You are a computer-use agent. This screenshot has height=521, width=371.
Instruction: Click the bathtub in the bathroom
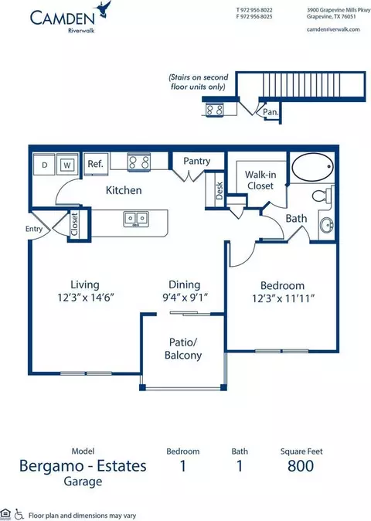pyautogui.click(x=312, y=167)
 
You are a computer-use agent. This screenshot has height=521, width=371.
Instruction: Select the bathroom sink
pyautogui.click(x=326, y=226)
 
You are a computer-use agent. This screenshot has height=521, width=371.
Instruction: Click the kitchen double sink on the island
pyautogui.click(x=136, y=220)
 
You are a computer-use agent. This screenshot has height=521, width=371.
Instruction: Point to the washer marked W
pyautogui.click(x=67, y=164)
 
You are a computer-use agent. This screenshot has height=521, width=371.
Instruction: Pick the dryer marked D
pyautogui.click(x=44, y=164)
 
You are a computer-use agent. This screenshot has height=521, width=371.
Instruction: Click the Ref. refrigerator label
pyautogui.click(x=95, y=164)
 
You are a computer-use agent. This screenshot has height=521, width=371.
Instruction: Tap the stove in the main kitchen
pyautogui.click(x=139, y=163)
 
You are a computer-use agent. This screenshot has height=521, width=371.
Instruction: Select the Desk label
pyautogui.click(x=220, y=191)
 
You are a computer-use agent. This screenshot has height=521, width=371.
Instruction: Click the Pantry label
pyautogui.click(x=197, y=161)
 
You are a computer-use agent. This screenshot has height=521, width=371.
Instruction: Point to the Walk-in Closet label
pyautogui.click(x=260, y=180)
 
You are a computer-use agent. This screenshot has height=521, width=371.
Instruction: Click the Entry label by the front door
pyautogui.click(x=34, y=229)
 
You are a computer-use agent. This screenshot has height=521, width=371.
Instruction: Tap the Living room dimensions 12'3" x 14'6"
pyautogui.click(x=86, y=297)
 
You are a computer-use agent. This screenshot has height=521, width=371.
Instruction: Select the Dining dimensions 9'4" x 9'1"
pyautogui.click(x=185, y=297)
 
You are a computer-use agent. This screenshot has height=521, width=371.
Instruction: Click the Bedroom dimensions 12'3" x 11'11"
pyautogui.click(x=283, y=298)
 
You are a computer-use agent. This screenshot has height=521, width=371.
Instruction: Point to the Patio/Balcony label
pyautogui.click(x=183, y=349)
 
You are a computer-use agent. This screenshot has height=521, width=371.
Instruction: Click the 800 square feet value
pyautogui.click(x=301, y=466)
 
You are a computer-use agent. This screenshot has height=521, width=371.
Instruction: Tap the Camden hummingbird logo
pyautogui.click(x=104, y=9)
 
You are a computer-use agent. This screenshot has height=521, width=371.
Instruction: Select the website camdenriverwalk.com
pyautogui.click(x=333, y=29)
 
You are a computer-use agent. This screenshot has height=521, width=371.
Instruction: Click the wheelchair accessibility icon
pyautogui.click(x=19, y=514)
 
